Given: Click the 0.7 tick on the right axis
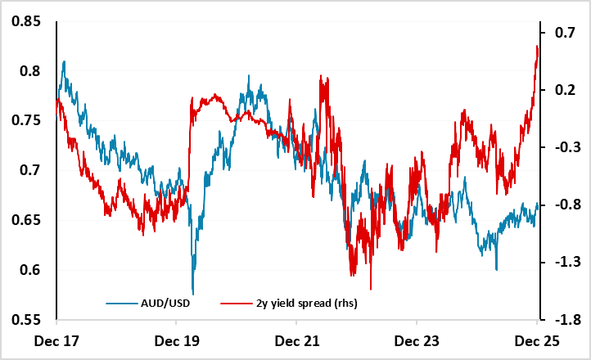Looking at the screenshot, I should [x=565, y=33].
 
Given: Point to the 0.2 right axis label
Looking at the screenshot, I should [x=565, y=90].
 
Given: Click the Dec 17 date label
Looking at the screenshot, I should [x=56, y=340].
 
